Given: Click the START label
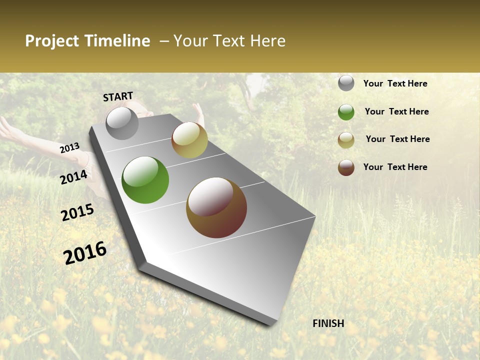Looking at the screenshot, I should (118, 96).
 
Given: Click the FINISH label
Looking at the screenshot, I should (328, 323).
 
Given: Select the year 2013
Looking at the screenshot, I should (69, 148).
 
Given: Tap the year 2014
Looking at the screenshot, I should (73, 177).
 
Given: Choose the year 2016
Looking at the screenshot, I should (85, 253).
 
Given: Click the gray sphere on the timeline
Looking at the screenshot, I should (122, 123).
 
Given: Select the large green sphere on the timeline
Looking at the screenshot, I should (145, 180).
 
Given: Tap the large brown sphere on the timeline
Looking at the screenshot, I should (216, 207).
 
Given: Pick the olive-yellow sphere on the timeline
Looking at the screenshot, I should (189, 140).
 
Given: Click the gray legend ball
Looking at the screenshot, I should (346, 83).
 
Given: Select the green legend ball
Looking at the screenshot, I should (346, 112).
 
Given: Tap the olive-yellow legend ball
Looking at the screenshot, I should (346, 140).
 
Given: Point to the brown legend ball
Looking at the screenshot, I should (346, 167).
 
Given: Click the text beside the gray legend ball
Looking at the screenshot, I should (395, 83).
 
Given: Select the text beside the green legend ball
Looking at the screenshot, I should (396, 111).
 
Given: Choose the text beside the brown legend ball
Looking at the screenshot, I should (395, 167).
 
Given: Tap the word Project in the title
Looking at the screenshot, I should (50, 41).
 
